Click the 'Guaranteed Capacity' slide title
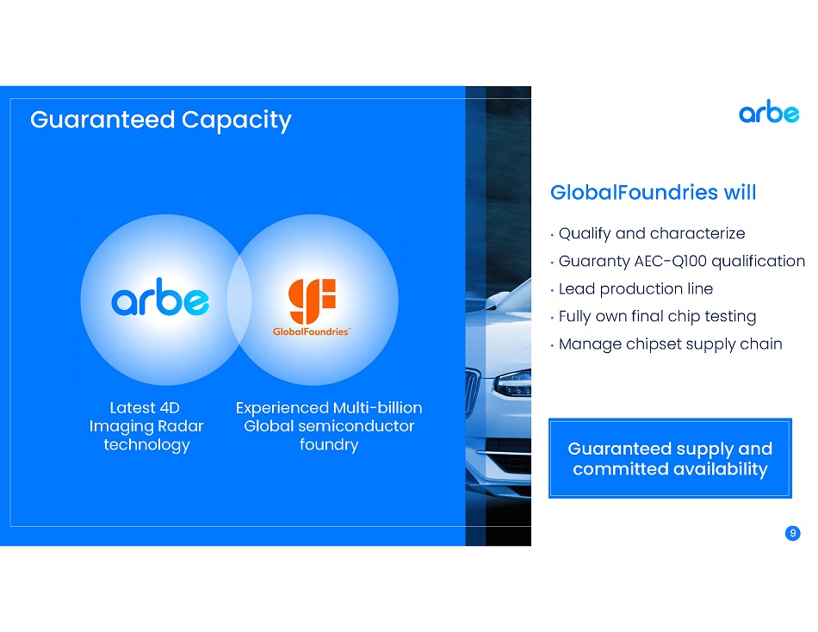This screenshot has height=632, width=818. (x=161, y=120)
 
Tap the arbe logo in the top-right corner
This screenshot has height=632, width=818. (x=769, y=111)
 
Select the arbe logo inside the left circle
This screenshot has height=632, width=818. (x=160, y=297)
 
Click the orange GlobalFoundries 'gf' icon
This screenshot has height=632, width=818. (x=312, y=301)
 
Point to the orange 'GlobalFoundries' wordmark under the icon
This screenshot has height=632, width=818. (x=312, y=331)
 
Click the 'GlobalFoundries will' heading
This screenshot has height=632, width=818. (x=654, y=193)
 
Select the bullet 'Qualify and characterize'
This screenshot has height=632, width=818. (x=652, y=234)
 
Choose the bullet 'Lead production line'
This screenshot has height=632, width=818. (x=635, y=288)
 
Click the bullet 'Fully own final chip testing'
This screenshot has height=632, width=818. (x=657, y=316)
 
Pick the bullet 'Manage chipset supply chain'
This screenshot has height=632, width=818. (x=671, y=344)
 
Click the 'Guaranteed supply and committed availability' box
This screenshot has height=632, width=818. (x=670, y=458)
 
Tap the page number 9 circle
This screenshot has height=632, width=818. (x=792, y=533)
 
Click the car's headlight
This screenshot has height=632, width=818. (x=513, y=383)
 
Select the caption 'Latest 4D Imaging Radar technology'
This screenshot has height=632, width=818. (x=146, y=426)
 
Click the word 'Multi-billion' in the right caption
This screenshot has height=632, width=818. (x=378, y=407)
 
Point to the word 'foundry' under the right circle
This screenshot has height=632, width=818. (x=329, y=445)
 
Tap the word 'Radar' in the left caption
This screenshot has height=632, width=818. (x=181, y=426)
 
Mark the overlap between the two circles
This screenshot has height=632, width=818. (x=239, y=301)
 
